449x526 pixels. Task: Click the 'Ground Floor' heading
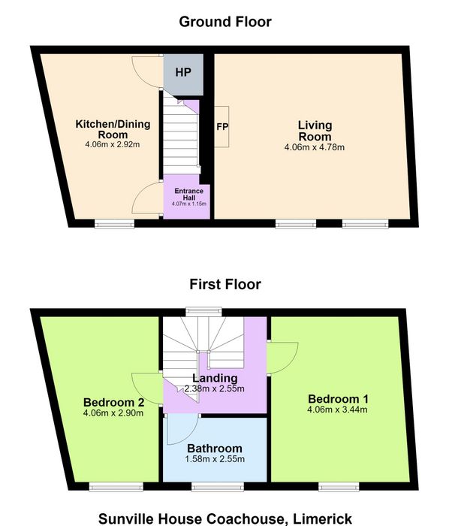[x=225, y=22]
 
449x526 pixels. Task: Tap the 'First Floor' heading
[x=225, y=285]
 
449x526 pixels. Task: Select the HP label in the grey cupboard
[x=183, y=72]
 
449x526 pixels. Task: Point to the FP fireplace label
[x=222, y=127]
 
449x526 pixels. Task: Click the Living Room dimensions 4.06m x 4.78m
[x=315, y=147]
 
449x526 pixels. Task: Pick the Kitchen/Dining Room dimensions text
[x=113, y=144]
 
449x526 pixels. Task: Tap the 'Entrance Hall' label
[x=189, y=194]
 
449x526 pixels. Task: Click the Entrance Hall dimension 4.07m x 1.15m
[x=189, y=204]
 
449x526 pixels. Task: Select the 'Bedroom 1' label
[x=338, y=399]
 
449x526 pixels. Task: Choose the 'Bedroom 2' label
[x=113, y=402]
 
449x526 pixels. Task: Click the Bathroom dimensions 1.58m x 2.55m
[x=215, y=459]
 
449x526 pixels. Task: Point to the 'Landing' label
[x=215, y=378]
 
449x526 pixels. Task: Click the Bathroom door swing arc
[x=188, y=436]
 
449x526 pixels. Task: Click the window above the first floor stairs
[x=204, y=312]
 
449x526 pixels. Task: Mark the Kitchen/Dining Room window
[x=114, y=224]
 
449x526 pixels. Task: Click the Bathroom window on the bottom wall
[x=218, y=487]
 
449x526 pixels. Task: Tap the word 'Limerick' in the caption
[x=322, y=519]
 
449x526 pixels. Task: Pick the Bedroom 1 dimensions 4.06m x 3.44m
[x=337, y=410]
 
